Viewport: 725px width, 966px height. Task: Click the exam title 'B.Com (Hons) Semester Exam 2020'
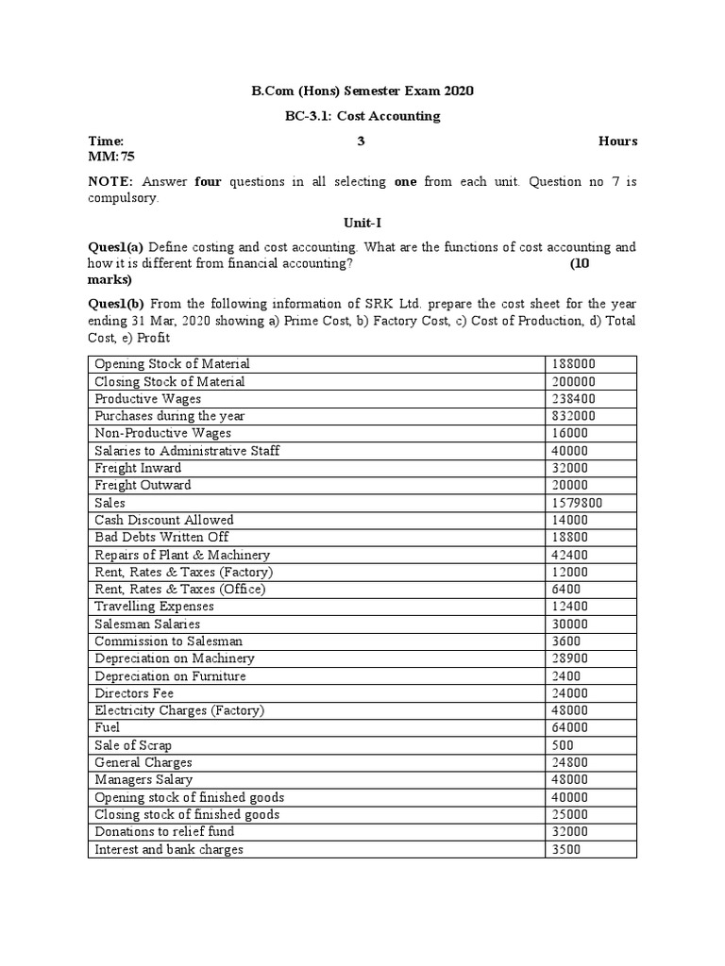pyautogui.click(x=362, y=92)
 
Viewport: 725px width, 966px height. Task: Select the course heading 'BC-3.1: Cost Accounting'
pyautogui.click(x=362, y=116)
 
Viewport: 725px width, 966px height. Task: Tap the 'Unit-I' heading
pyautogui.click(x=362, y=223)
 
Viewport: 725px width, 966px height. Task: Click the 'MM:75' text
pyautogui.click(x=111, y=156)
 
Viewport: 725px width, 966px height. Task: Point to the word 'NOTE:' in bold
pyautogui.click(x=111, y=181)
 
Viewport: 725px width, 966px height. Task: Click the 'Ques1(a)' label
pyautogui.click(x=115, y=247)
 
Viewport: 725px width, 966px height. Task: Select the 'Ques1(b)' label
pyautogui.click(x=116, y=304)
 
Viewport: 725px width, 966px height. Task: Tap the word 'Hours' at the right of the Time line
pyautogui.click(x=617, y=142)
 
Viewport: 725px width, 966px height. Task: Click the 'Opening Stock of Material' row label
pyautogui.click(x=172, y=364)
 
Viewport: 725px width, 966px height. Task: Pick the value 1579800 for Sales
pyautogui.click(x=577, y=503)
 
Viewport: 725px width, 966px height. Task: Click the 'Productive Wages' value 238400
pyautogui.click(x=573, y=399)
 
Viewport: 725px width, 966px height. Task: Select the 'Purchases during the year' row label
pyautogui.click(x=171, y=416)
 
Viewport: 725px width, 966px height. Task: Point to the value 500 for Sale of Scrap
pyautogui.click(x=563, y=745)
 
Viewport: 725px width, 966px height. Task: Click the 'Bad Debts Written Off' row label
pyautogui.click(x=161, y=537)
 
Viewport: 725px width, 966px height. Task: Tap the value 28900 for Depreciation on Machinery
pyautogui.click(x=569, y=658)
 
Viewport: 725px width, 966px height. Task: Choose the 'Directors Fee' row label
pyautogui.click(x=134, y=693)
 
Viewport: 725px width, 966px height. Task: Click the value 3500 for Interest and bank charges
pyautogui.click(x=565, y=849)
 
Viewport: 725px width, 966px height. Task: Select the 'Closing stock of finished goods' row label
pyautogui.click(x=187, y=814)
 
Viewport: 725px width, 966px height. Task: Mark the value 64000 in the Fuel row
pyautogui.click(x=569, y=727)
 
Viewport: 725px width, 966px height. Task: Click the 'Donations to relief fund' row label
pyautogui.click(x=164, y=832)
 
